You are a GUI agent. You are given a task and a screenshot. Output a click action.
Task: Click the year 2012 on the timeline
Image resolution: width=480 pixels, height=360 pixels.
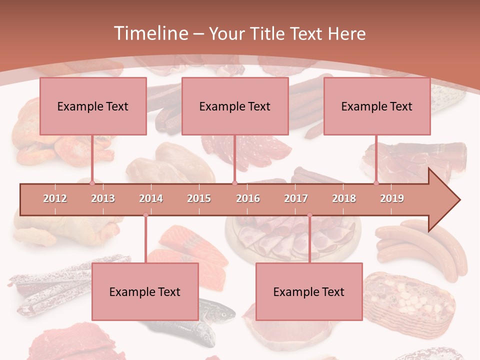tap(55, 198)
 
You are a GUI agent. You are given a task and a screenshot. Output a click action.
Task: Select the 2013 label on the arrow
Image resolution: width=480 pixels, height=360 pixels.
tap(103, 198)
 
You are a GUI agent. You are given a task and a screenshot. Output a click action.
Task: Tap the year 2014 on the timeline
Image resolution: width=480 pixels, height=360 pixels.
tap(151, 198)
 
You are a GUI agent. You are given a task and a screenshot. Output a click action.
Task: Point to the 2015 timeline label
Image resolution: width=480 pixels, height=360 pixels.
tap(199, 198)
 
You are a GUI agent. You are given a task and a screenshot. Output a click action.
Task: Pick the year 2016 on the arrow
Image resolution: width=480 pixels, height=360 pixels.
tap(248, 198)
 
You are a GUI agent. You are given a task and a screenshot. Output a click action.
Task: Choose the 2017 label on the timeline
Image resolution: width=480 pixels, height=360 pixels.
tap(296, 198)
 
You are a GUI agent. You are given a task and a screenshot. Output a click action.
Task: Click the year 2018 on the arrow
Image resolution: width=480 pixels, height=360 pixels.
tap(344, 198)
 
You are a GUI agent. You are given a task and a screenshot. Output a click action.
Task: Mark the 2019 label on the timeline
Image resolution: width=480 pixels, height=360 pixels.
tap(392, 198)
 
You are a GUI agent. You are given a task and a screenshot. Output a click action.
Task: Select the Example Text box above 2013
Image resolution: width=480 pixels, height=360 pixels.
tap(93, 106)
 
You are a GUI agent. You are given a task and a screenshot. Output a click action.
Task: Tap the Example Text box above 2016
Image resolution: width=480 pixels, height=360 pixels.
tap(235, 106)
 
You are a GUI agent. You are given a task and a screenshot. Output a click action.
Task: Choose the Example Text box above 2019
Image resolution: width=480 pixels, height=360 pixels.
tap(377, 106)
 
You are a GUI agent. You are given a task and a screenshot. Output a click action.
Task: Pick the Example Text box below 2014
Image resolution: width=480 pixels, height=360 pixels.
tap(145, 291)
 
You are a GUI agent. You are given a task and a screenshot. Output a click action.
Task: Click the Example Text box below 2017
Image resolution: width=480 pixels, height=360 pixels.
tap(309, 291)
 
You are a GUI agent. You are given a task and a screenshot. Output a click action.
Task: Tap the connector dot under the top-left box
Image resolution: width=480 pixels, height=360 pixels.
tap(92, 183)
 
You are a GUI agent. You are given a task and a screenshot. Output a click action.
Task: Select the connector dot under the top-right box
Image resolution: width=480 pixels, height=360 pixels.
tap(376, 183)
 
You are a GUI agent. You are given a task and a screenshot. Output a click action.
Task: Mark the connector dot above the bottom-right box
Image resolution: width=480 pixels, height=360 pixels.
tap(309, 215)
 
